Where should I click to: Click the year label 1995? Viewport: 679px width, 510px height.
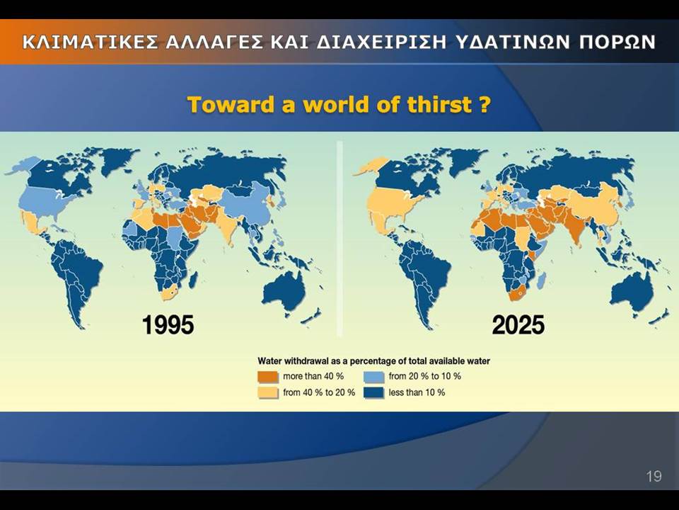point(168,325)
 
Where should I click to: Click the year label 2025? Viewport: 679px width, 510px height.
point(518,325)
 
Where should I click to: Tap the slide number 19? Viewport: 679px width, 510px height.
point(654,476)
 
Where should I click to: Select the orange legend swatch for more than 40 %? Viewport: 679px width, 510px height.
point(267,376)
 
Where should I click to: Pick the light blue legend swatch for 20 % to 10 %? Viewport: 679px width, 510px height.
point(373,376)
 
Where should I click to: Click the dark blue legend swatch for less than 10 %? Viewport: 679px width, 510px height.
point(373,393)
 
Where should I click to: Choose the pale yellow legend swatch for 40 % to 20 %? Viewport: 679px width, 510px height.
point(267,393)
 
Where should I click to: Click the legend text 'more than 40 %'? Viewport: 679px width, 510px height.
point(313,376)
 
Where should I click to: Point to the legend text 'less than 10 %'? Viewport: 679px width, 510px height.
point(417,392)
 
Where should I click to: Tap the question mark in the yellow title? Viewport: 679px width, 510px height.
point(485,105)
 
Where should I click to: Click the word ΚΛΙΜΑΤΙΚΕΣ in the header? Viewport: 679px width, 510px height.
point(90,42)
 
